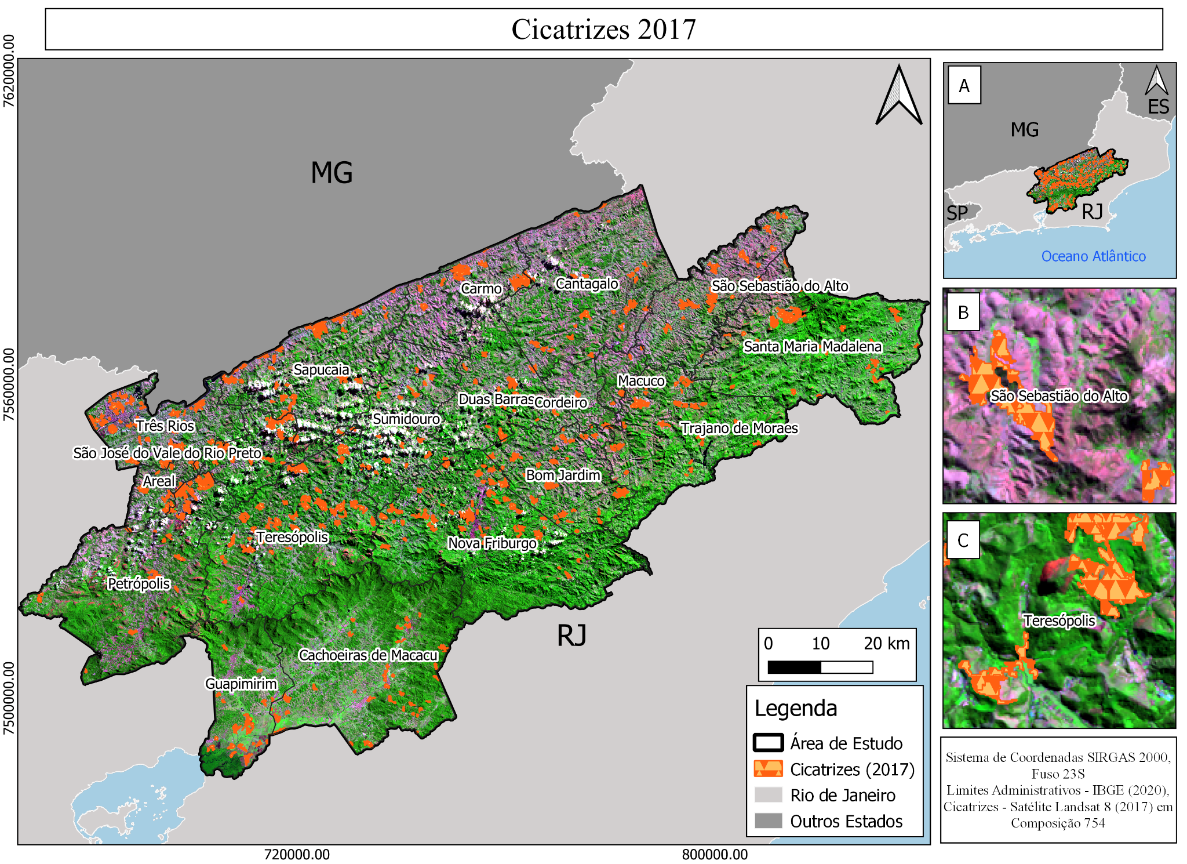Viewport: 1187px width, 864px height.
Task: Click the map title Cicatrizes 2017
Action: (x=603, y=29)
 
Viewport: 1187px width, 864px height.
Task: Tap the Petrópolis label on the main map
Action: (x=139, y=583)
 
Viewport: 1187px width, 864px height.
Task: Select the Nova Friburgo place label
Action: (x=492, y=543)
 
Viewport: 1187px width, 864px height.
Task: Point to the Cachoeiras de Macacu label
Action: (x=368, y=655)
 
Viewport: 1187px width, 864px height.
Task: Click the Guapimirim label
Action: (x=241, y=684)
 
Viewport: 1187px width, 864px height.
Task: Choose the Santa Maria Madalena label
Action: (x=813, y=347)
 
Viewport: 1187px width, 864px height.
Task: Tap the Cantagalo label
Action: (x=587, y=284)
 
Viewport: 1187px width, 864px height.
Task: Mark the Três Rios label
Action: (x=165, y=426)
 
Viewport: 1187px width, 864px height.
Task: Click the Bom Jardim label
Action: (x=563, y=475)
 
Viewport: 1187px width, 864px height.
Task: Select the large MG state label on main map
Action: (x=332, y=173)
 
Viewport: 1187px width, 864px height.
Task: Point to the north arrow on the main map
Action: (x=898, y=96)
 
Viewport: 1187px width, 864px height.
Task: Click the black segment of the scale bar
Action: (x=794, y=667)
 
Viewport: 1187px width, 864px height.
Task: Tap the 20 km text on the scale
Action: (x=886, y=644)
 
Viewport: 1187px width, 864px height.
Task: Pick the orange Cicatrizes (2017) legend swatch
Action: (x=768, y=769)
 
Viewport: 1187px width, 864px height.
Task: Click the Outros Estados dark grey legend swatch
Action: (x=768, y=821)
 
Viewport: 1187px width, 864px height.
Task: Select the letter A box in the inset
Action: (x=964, y=86)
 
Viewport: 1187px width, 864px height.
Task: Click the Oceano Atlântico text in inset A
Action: (x=1093, y=256)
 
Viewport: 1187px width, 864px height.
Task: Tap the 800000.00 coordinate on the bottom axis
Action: (x=715, y=854)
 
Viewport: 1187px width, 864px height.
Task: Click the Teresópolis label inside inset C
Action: (x=1059, y=621)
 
